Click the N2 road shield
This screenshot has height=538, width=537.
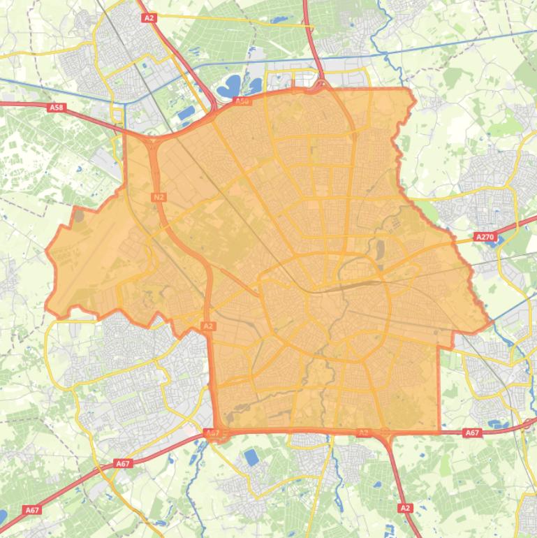[x=159, y=197]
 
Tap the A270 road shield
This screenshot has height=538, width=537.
[x=484, y=238]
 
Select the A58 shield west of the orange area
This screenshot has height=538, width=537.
[x=57, y=108]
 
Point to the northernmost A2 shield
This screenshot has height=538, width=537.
[x=148, y=17]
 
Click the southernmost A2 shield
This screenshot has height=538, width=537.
[x=405, y=508]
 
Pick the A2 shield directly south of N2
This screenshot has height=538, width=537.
[x=208, y=326]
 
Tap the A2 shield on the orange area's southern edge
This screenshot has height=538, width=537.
[x=362, y=433]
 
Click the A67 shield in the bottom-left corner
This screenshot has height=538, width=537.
[x=32, y=510]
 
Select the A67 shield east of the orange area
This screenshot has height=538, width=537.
[x=472, y=433]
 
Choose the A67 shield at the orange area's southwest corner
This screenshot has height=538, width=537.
[x=213, y=433]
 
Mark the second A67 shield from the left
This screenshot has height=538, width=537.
[x=123, y=463]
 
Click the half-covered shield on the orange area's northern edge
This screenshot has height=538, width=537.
[x=242, y=101]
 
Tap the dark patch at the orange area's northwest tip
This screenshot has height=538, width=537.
[x=78, y=215]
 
